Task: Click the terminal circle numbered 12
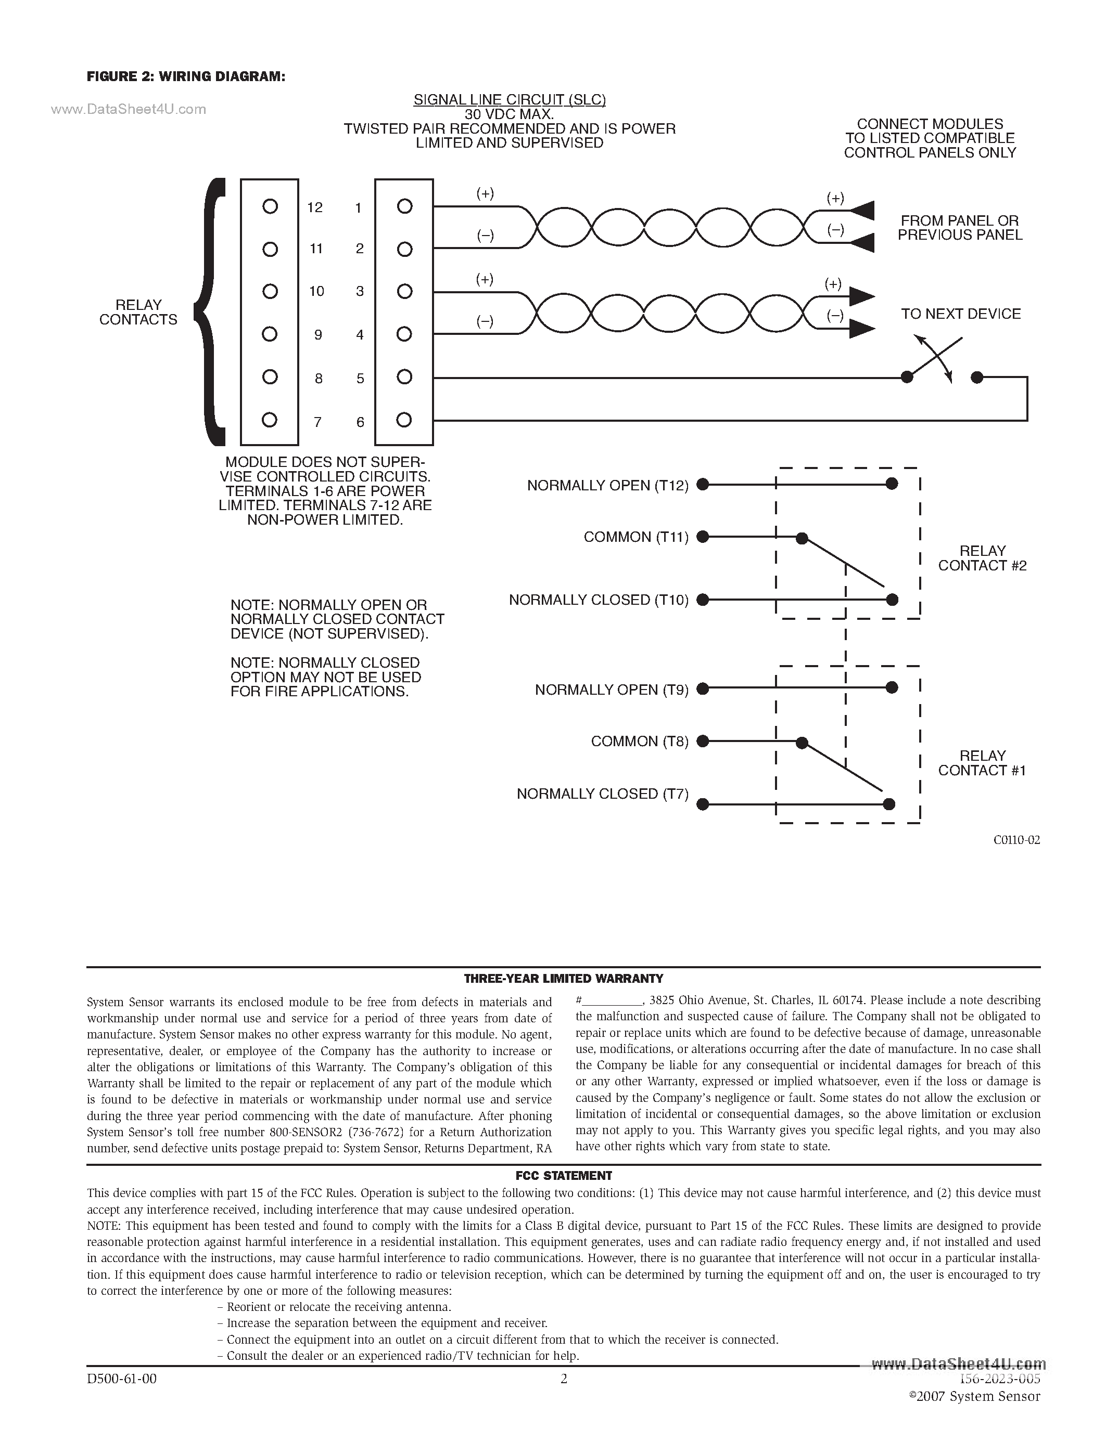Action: coord(270,207)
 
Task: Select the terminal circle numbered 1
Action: coord(405,207)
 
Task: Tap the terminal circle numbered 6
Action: coord(404,420)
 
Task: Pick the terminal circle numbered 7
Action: coord(269,420)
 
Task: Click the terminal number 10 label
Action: coord(316,291)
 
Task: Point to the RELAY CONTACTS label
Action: coord(138,313)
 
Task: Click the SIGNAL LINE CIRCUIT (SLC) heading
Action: coord(509,99)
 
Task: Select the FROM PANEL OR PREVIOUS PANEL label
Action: coord(959,228)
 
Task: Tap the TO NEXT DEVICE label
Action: coord(961,314)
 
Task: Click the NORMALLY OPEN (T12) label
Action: coord(607,485)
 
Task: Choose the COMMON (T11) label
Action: coord(635,537)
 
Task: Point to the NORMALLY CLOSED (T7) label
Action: coord(602,794)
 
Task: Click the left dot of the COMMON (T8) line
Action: coord(703,741)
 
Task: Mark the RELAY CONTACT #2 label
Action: coord(982,558)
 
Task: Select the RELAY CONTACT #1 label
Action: coord(982,763)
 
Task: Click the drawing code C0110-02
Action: coord(1016,840)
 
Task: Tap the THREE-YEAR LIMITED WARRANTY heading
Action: coord(564,978)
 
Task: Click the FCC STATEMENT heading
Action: coord(564,1175)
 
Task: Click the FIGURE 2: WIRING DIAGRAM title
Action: coord(186,76)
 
